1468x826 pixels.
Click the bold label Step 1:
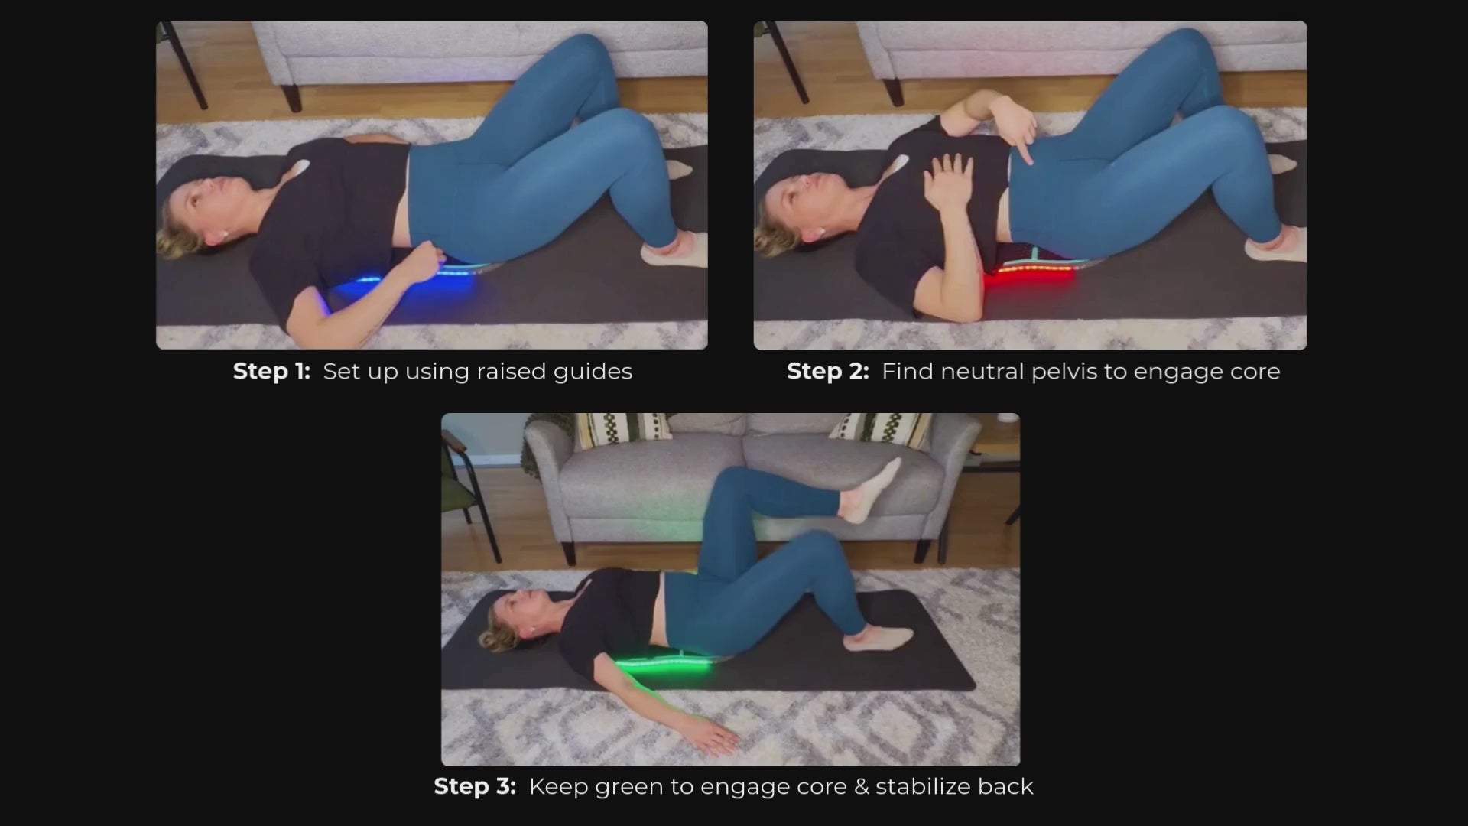tap(271, 371)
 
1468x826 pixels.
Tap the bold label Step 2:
tap(827, 371)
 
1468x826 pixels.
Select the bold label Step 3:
tap(475, 786)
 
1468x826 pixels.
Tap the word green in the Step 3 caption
tap(625, 788)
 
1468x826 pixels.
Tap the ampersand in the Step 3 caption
tap(862, 786)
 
